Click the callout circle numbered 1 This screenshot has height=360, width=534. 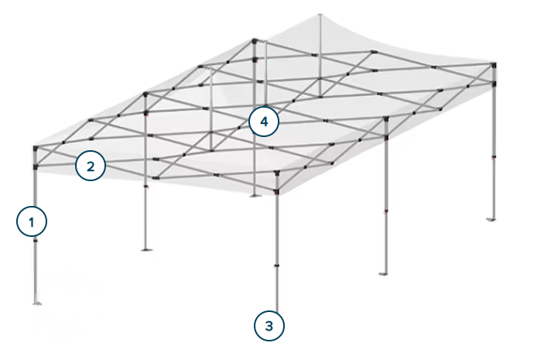point(32,222)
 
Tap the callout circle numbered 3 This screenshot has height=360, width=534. point(269,326)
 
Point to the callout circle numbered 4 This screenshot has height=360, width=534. point(264,122)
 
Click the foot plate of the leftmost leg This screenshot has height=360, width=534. point(36,301)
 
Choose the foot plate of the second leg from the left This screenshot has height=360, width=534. point(146,249)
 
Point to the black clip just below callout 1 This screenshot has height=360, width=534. point(35,242)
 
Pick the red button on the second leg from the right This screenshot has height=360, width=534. point(386,211)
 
